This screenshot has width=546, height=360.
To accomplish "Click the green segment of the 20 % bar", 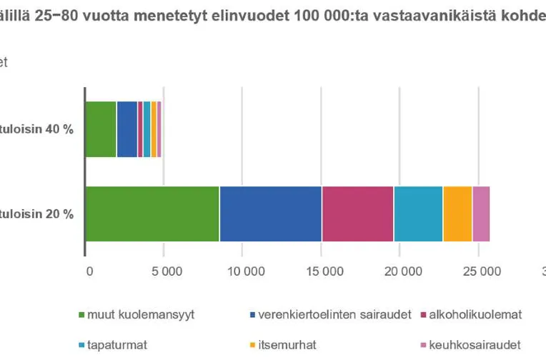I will tap(152, 213).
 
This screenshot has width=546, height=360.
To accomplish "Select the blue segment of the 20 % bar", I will tap(271, 213).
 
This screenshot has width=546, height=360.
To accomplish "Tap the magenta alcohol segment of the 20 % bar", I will tap(357, 213).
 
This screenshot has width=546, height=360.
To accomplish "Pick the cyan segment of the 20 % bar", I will tap(418, 213).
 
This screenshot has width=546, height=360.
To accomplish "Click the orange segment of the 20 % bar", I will tap(457, 213).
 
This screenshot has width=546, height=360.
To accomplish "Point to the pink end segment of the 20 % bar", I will tap(481, 213).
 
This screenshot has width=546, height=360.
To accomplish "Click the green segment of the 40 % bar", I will tap(101, 129).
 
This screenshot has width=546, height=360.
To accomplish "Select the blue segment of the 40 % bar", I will tap(126, 129).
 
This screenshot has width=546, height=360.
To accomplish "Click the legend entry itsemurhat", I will tap(279, 344).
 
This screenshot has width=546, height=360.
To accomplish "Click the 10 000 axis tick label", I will tap(242, 271).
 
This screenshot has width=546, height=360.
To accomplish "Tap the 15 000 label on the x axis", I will tap(321, 271).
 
